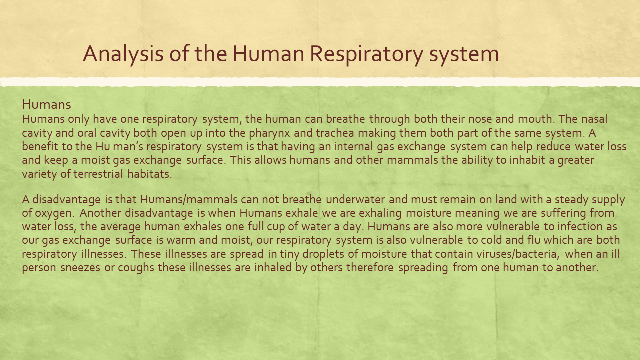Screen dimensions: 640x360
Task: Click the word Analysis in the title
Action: (123, 54)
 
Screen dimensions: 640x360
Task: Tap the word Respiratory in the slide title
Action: (366, 54)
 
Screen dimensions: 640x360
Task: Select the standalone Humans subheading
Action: (46, 105)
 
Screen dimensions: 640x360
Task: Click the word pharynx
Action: (269, 133)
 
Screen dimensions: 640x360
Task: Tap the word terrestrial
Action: (98, 174)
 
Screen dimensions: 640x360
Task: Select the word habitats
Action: (150, 174)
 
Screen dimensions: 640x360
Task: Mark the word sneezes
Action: (80, 268)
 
